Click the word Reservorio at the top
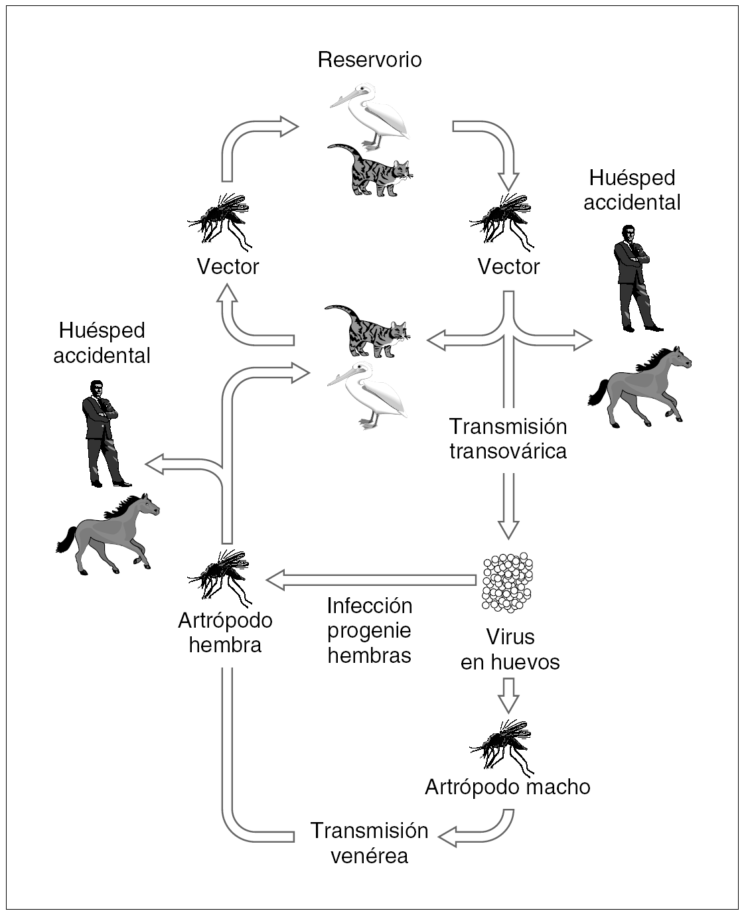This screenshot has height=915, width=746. pyautogui.click(x=370, y=60)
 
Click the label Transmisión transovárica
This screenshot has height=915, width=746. pyautogui.click(x=508, y=439)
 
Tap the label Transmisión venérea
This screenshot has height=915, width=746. pyautogui.click(x=369, y=843)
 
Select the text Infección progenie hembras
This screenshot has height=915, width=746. pyautogui.click(x=369, y=630)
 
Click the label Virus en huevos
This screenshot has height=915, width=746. pyautogui.click(x=510, y=649)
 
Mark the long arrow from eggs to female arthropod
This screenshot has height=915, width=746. pyautogui.click(x=372, y=580)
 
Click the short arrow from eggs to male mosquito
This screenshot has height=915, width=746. pyautogui.click(x=508, y=695)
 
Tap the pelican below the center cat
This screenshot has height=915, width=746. pyautogui.click(x=367, y=395)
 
